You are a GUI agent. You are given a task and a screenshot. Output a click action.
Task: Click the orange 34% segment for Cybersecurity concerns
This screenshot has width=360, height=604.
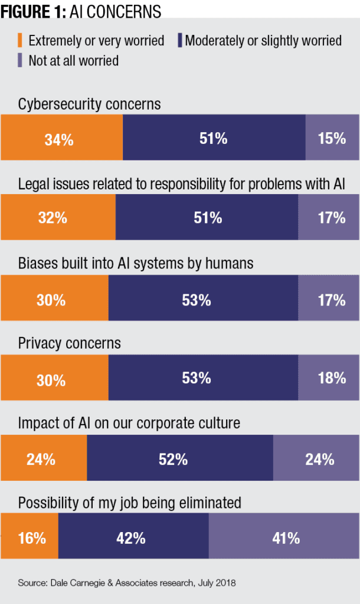[61, 139]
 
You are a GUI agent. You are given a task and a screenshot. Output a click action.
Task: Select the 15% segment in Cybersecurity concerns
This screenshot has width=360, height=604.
[332, 139]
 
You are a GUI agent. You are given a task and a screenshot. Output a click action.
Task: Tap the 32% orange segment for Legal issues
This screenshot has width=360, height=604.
[58, 218]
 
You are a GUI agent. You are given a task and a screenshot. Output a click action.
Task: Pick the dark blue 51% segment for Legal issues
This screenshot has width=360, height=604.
[207, 218]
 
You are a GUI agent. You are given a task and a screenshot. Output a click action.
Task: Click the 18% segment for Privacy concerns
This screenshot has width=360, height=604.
[329, 379]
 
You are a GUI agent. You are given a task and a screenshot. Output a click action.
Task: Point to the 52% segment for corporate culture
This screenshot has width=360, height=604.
[179, 459]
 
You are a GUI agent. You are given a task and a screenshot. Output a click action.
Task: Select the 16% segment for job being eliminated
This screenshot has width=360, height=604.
[30, 539]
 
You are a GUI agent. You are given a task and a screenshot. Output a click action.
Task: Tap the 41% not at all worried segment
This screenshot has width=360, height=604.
[284, 539]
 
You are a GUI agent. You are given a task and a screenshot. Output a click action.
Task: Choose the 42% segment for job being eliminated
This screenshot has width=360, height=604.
[133, 539]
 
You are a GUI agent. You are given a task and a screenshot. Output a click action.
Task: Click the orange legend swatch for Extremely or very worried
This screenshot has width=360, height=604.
[21, 41]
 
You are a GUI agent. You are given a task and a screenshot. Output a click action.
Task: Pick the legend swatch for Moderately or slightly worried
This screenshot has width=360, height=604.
[178, 41]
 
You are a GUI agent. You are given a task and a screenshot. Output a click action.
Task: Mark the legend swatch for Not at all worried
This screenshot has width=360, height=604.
[21, 60]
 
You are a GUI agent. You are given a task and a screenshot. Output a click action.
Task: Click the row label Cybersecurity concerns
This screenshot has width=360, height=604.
[89, 105]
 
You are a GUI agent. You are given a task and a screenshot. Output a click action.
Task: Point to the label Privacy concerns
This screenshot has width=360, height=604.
[69, 343]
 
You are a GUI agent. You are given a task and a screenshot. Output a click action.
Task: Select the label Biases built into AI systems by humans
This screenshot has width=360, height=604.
[136, 263]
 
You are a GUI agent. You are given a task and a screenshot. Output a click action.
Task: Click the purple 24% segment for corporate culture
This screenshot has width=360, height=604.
[316, 459]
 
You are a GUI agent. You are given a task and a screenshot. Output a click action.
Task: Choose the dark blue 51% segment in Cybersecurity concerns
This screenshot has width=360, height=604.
[214, 139]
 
